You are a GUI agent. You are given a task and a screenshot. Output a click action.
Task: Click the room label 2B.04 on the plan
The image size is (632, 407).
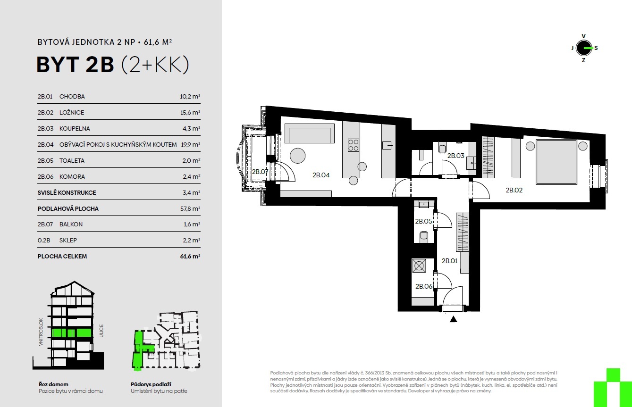[x=321, y=175]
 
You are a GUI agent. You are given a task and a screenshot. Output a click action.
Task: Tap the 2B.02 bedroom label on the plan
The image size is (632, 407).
[x=514, y=190]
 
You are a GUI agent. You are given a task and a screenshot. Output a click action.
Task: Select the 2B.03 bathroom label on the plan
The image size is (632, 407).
[x=455, y=156]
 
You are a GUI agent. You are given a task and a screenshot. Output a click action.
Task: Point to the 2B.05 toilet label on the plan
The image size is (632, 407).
[x=423, y=221]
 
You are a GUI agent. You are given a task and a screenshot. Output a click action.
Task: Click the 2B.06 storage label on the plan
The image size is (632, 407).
[x=424, y=286]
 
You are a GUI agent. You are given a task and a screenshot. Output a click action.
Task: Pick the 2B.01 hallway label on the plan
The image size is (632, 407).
[x=449, y=261]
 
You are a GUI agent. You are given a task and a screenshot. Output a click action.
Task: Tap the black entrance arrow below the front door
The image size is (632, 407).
[x=454, y=319]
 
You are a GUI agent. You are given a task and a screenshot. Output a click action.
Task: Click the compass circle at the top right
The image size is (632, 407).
[x=584, y=48]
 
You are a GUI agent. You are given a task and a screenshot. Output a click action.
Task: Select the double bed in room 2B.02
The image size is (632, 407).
[x=556, y=162]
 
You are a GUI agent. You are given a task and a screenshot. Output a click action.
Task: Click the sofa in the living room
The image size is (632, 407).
[x=310, y=133]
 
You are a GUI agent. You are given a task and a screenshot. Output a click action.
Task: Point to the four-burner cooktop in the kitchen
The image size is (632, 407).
[x=353, y=145]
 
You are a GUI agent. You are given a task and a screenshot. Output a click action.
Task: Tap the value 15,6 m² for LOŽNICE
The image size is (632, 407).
[x=190, y=112]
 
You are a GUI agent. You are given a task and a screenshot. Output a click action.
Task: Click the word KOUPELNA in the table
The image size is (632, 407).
[x=75, y=129]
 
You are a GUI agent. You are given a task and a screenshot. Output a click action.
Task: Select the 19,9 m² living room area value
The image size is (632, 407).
[x=190, y=145]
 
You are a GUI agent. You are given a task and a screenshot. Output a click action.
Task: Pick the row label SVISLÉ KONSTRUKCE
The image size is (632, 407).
[x=67, y=193]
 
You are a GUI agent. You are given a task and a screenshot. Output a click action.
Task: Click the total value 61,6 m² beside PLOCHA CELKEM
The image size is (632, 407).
[x=190, y=257]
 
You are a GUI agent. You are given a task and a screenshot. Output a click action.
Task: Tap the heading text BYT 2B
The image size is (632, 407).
[x=76, y=65]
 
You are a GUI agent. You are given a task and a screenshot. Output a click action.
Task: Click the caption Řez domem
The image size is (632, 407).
[x=53, y=384]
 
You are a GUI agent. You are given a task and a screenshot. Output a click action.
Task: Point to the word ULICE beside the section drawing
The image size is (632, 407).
[x=101, y=331]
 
